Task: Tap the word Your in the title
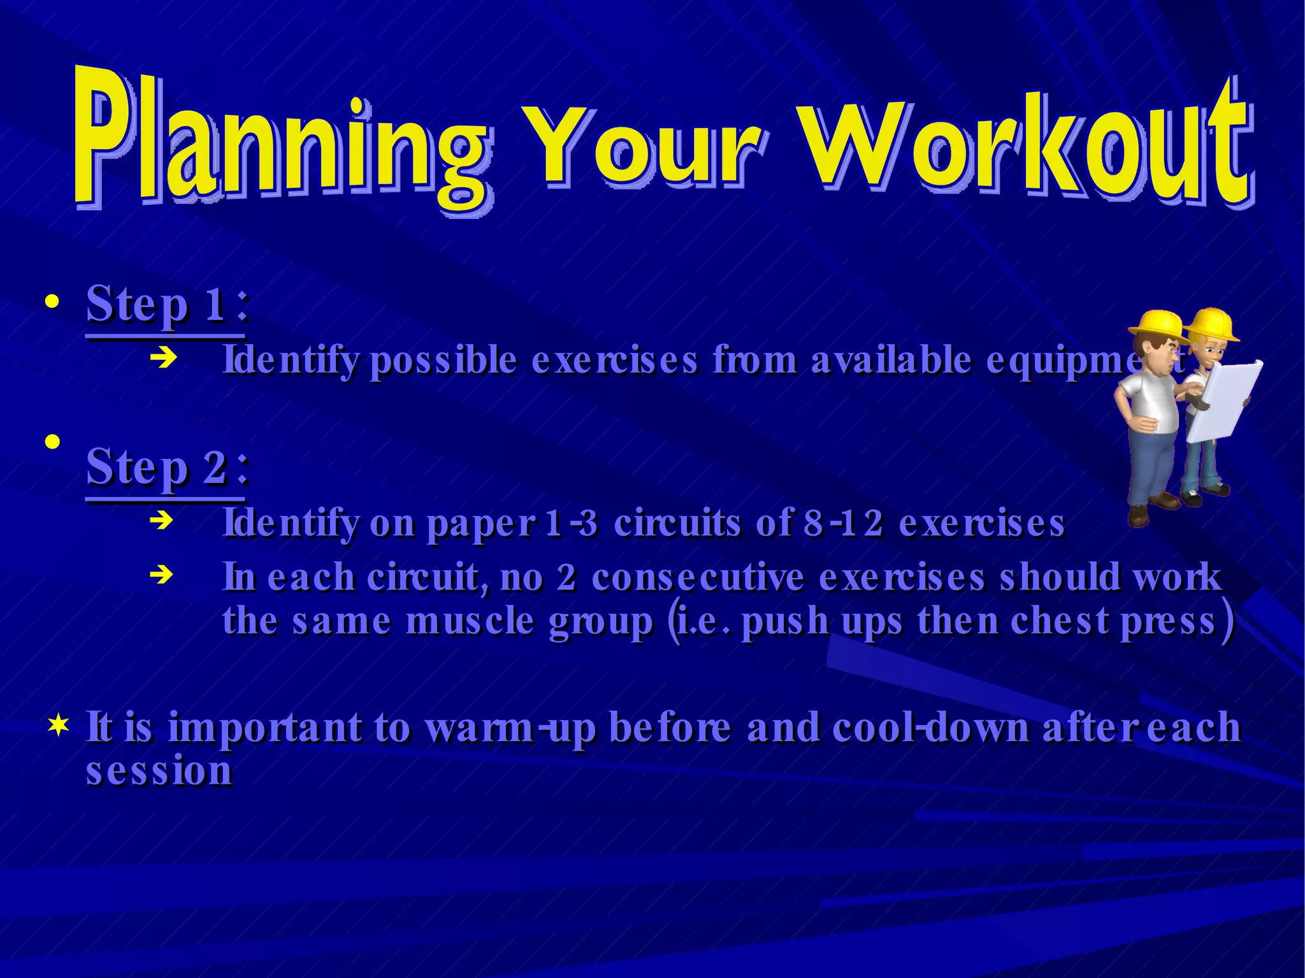pyautogui.click(x=644, y=150)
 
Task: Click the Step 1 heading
pyautogui.click(x=166, y=305)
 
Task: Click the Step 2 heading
pyautogui.click(x=166, y=467)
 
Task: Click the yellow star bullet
pyautogui.click(x=58, y=726)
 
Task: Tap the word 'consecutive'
pyautogui.click(x=698, y=578)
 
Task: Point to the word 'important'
pyautogui.click(x=264, y=728)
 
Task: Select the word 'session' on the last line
pyautogui.click(x=159, y=771)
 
